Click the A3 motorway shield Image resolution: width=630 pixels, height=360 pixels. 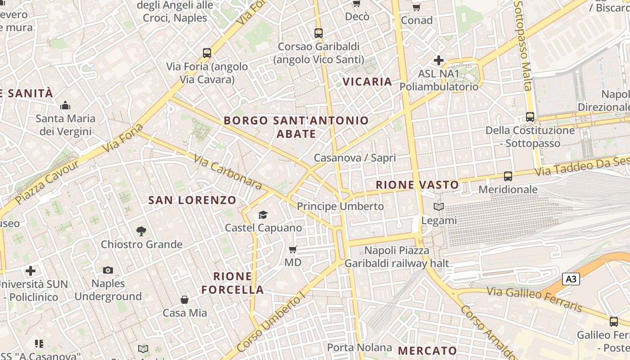571,279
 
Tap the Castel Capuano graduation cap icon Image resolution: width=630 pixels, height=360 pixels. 263,215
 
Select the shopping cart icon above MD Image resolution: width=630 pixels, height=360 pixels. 293,249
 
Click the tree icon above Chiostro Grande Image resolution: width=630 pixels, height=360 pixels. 141,231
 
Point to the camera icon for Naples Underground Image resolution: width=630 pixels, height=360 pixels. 108,270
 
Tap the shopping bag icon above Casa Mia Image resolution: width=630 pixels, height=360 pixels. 184,300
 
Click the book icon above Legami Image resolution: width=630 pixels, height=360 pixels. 439,207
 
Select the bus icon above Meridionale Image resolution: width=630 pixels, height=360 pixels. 508,176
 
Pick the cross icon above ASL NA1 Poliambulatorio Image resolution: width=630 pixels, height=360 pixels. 439,60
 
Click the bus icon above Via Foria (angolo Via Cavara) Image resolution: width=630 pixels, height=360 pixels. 207,53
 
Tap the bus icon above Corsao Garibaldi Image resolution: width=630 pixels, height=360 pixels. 319,33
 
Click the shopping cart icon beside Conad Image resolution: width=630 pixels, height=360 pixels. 416,7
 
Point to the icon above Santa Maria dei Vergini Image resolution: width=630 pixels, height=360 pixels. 65,106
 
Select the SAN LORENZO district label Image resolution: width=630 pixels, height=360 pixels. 192,200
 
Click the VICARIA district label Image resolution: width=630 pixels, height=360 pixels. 367,81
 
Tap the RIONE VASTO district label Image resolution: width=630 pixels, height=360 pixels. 417,184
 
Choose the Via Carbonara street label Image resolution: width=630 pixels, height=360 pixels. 228,172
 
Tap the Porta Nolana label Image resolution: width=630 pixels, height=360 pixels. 360,347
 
